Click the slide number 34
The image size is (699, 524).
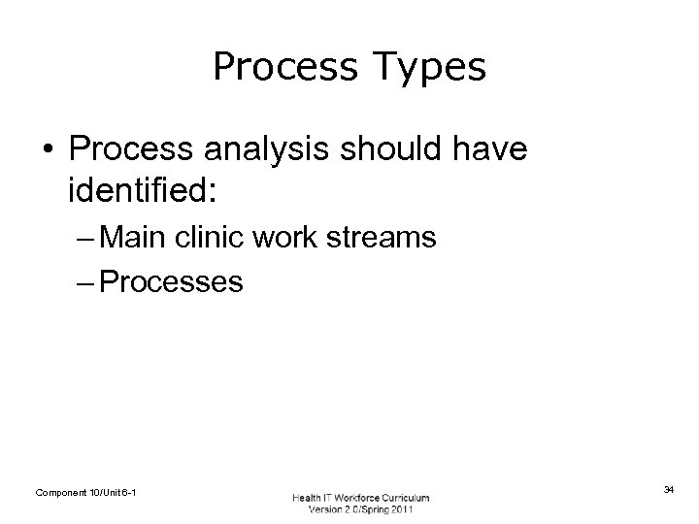click(669, 491)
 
